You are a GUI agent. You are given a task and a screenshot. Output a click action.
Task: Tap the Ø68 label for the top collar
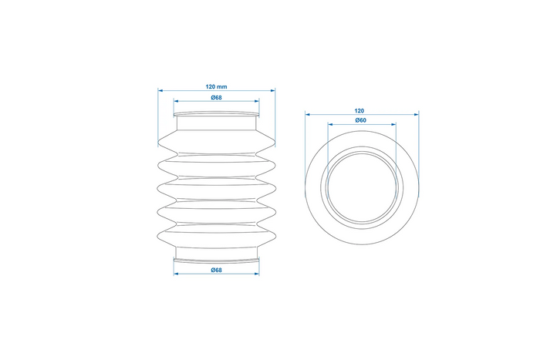(216, 96)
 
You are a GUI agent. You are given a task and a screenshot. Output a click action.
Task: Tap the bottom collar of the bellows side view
(216, 255)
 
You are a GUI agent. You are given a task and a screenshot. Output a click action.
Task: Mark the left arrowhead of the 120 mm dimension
(160, 89)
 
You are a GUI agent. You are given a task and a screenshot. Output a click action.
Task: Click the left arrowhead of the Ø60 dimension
(329, 126)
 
